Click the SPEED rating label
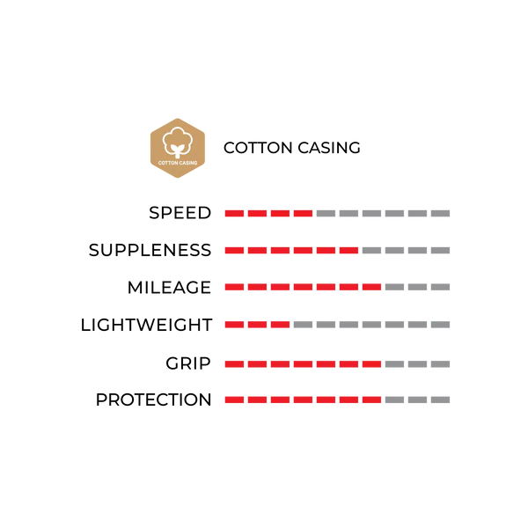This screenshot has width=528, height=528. (x=180, y=213)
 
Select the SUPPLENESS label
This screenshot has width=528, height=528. (x=150, y=250)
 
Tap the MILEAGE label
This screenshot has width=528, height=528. (x=169, y=288)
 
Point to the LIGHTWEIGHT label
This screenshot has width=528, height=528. (x=146, y=325)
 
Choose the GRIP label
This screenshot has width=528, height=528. (x=188, y=363)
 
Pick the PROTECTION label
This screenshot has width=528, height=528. (x=153, y=400)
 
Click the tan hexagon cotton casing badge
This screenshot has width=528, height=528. (x=178, y=148)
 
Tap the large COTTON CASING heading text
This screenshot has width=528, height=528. (x=291, y=148)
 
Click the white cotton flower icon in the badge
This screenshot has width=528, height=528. (x=178, y=142)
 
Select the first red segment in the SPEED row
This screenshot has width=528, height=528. (x=234, y=214)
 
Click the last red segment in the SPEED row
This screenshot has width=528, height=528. (x=303, y=214)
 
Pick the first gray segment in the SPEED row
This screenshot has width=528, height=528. (x=326, y=214)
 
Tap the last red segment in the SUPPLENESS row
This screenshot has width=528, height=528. (x=348, y=251)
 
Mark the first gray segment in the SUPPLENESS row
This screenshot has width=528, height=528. (x=371, y=251)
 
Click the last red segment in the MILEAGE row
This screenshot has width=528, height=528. (x=371, y=287)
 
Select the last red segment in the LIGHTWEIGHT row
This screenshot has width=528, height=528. (x=280, y=325)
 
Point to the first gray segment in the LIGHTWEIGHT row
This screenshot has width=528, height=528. (x=303, y=325)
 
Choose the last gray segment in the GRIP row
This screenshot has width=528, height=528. (x=441, y=364)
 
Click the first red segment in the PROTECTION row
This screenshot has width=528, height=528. (x=234, y=400)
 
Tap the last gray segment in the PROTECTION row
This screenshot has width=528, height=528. (x=441, y=400)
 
